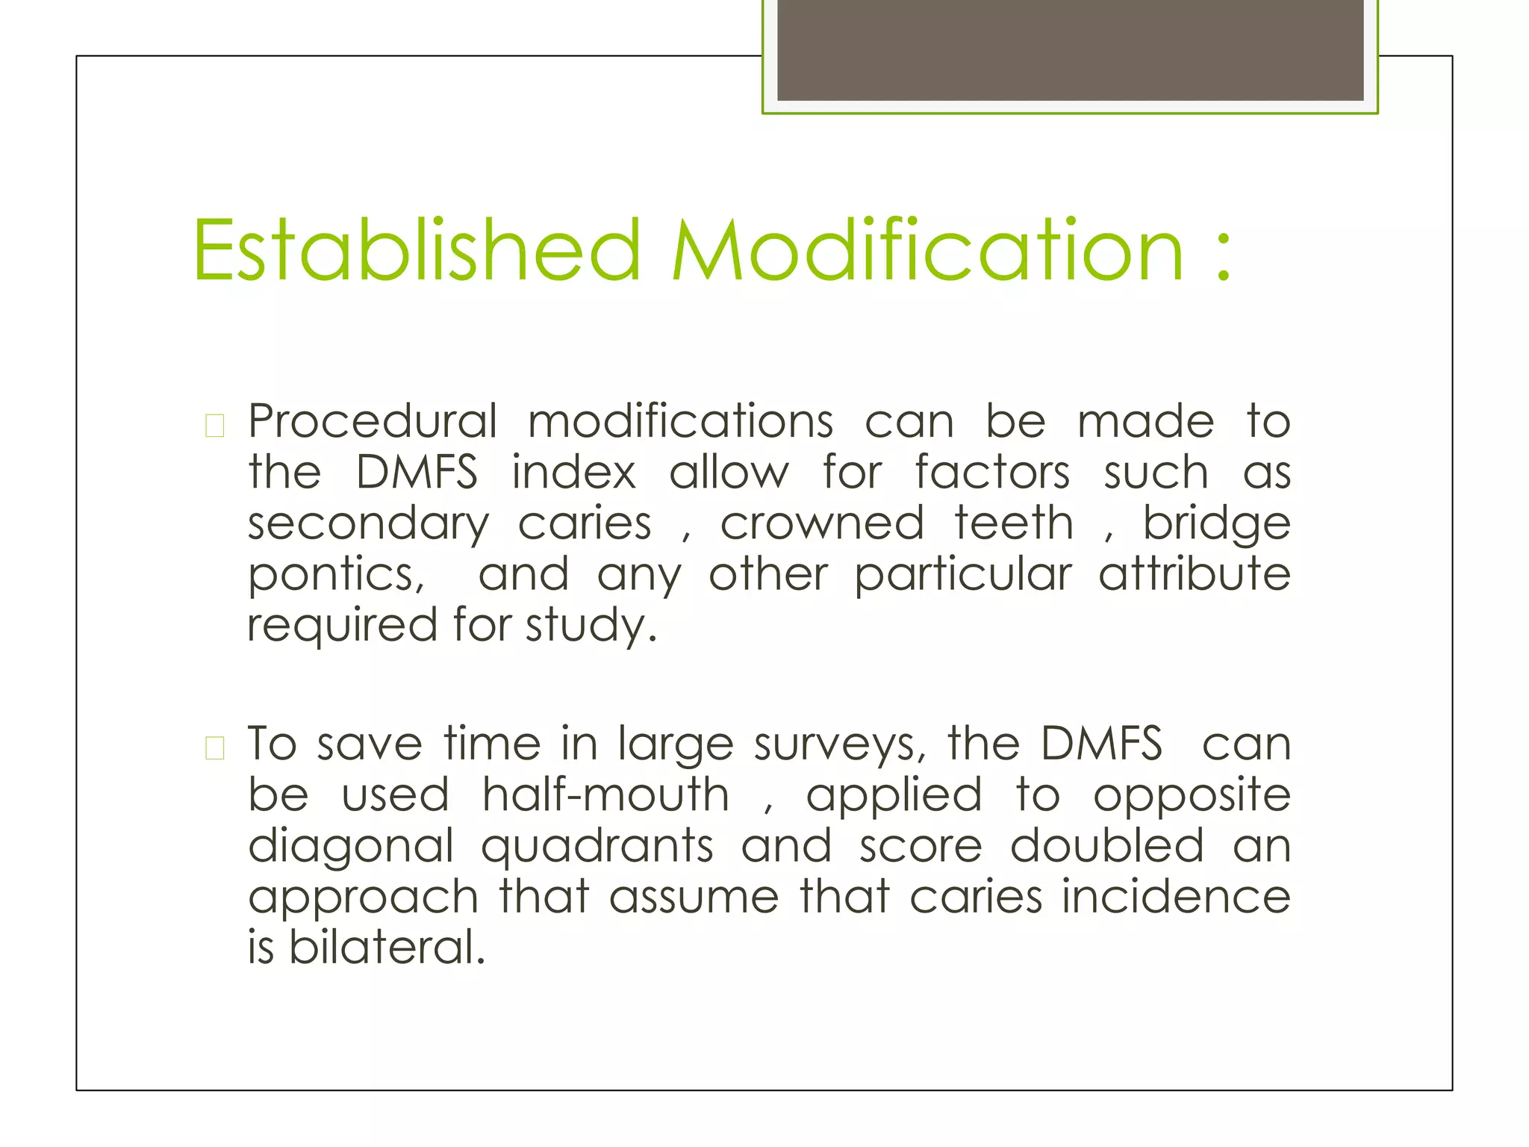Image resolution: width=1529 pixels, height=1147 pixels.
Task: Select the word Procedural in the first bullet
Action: pyautogui.click(x=373, y=422)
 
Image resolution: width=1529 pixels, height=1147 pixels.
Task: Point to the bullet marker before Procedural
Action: pyautogui.click(x=214, y=426)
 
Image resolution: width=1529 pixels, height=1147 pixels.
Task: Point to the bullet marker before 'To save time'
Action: pyautogui.click(x=214, y=747)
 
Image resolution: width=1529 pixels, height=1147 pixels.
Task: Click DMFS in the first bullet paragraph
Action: pyautogui.click(x=417, y=473)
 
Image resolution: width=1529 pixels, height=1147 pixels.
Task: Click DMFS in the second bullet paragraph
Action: pyautogui.click(x=1101, y=745)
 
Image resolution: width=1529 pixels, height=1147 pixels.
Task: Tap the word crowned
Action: pyautogui.click(x=822, y=523)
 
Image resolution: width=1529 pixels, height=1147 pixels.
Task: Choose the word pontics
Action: pyautogui.click(x=336, y=576)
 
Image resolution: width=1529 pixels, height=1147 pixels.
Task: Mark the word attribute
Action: pyautogui.click(x=1194, y=574)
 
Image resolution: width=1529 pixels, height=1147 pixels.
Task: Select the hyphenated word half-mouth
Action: pyautogui.click(x=605, y=795)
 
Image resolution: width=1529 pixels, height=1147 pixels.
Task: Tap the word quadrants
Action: pyautogui.click(x=597, y=848)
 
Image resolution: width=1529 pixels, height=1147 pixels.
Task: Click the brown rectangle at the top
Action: pyautogui.click(x=1070, y=49)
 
